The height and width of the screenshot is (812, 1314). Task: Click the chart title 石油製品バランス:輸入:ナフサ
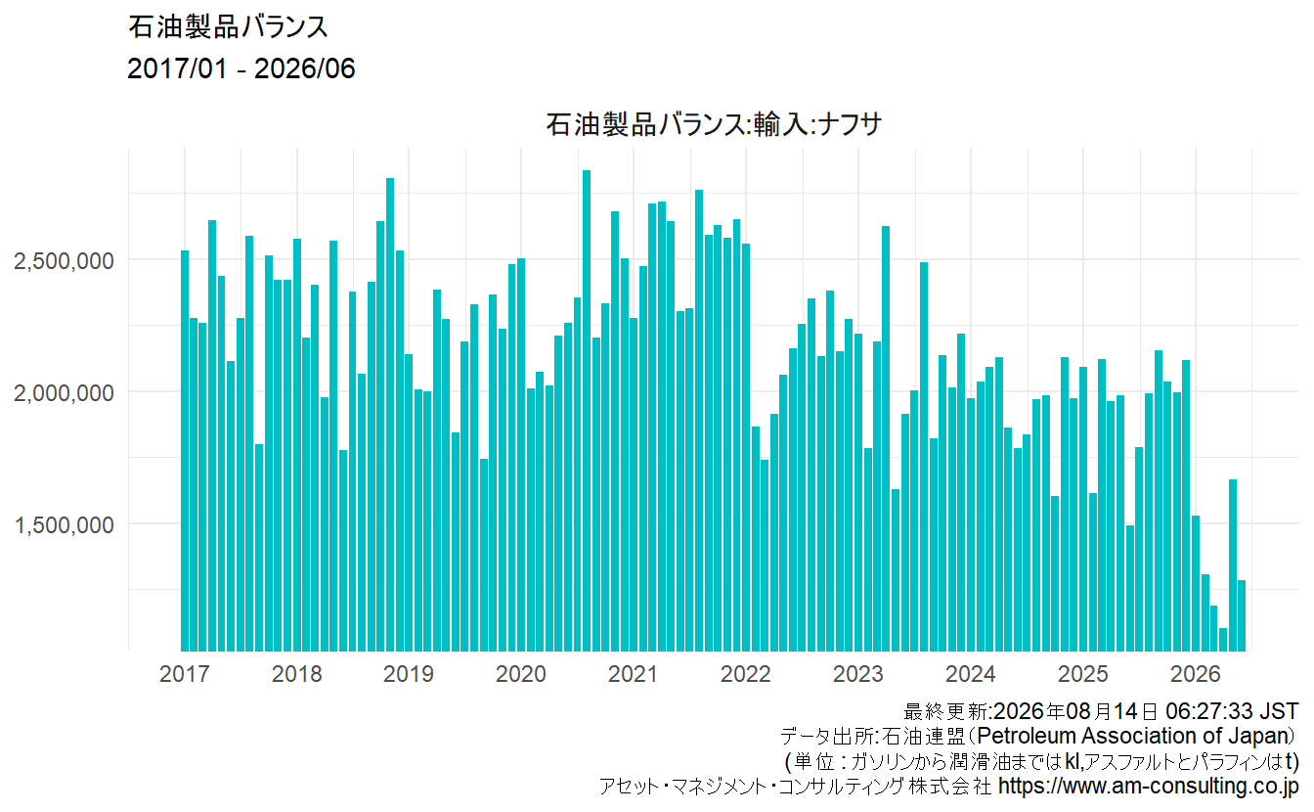pos(714,124)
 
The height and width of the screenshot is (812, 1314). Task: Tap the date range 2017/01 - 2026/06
pos(241,68)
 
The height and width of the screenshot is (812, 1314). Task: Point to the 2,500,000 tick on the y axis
pos(64,260)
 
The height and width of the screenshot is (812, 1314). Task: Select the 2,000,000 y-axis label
pos(64,392)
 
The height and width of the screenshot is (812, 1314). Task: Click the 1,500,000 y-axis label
pos(64,525)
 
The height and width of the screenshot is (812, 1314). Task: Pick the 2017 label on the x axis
pos(184,674)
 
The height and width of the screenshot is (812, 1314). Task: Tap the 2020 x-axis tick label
pos(521,674)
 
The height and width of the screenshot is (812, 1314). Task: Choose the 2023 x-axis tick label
pos(858,674)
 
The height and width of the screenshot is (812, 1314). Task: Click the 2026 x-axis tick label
pos(1196,674)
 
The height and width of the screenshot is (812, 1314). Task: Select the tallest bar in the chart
pos(587,411)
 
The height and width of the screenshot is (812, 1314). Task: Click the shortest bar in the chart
pos(1223,640)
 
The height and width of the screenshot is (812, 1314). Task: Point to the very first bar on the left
pos(185,451)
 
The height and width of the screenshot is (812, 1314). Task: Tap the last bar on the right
pos(1242,615)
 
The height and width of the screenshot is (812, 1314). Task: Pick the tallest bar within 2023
pos(886,438)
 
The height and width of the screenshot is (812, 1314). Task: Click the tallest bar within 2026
pos(1233,565)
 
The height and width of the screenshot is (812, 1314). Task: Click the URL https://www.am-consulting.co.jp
pos(1149,786)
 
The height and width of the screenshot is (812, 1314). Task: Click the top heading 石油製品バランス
pos(228,27)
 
